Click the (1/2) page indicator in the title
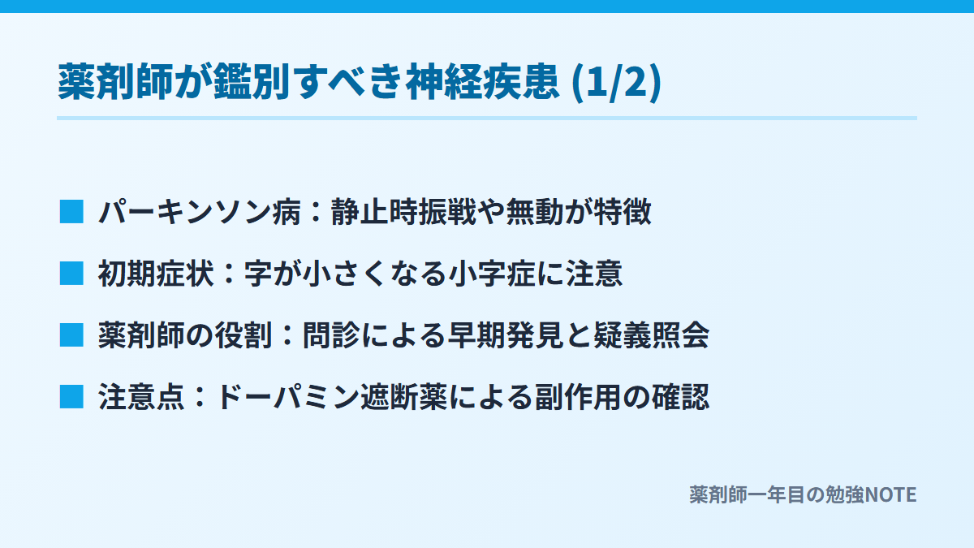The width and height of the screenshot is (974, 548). click(x=617, y=81)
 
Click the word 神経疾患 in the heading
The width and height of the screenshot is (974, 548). click(x=482, y=81)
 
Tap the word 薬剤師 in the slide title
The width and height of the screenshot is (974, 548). click(x=115, y=81)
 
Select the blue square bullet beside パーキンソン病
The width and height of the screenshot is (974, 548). click(x=71, y=211)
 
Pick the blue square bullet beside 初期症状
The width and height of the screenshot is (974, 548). click(x=71, y=273)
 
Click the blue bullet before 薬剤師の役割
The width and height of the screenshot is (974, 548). click(x=71, y=334)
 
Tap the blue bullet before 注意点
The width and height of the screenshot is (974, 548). click(x=71, y=397)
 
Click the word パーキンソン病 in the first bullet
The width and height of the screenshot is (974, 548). click(x=200, y=212)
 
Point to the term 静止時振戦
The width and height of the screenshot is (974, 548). click(x=403, y=212)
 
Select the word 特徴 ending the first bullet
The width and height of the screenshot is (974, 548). click(x=623, y=212)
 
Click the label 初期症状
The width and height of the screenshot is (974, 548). click(x=156, y=274)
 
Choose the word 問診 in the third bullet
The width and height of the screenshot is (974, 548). click(x=331, y=335)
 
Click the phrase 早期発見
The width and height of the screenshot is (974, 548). click(x=506, y=335)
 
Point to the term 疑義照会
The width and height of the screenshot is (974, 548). click(x=652, y=335)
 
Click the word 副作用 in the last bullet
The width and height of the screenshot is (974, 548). click(x=579, y=397)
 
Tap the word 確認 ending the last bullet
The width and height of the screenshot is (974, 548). click(x=681, y=397)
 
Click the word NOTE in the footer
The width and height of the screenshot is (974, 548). click(x=891, y=495)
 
